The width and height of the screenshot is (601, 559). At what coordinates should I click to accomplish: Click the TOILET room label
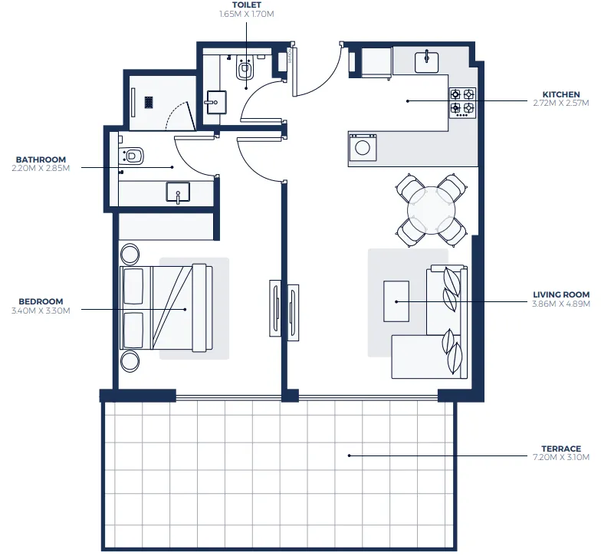[246, 5]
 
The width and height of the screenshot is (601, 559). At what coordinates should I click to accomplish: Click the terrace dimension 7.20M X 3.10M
[561, 457]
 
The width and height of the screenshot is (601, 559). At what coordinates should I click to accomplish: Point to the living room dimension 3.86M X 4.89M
[561, 303]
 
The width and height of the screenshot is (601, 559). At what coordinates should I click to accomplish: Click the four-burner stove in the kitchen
[462, 101]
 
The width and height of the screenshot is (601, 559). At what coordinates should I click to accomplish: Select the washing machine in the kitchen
[363, 146]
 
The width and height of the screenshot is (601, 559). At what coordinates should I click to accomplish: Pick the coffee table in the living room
[396, 301]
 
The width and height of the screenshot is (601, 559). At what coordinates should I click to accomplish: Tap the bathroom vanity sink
[179, 192]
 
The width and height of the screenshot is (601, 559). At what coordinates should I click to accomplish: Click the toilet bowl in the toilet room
[245, 70]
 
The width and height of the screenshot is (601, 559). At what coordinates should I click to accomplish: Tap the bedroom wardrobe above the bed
[166, 227]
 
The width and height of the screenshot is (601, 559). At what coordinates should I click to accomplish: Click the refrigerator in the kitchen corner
[375, 61]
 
